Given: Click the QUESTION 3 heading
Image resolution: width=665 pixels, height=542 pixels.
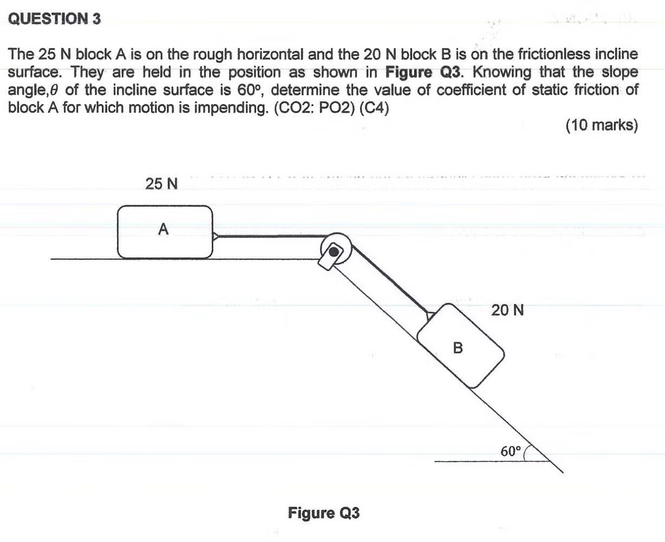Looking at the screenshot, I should pyautogui.click(x=55, y=20).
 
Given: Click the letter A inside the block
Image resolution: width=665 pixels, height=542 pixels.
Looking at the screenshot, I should pyautogui.click(x=164, y=230).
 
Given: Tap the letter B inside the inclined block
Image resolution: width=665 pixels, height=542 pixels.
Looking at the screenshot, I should pyautogui.click(x=458, y=347).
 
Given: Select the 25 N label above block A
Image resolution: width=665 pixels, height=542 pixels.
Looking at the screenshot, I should pyautogui.click(x=161, y=184).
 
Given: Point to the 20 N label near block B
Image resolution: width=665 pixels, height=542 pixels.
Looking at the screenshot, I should pyautogui.click(x=507, y=311).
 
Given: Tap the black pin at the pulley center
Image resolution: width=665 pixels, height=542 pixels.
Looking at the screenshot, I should pyautogui.click(x=335, y=251).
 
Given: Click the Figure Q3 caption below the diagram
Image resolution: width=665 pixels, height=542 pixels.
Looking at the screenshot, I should pyautogui.click(x=324, y=513).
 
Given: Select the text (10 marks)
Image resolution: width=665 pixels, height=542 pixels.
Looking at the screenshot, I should pyautogui.click(x=602, y=125).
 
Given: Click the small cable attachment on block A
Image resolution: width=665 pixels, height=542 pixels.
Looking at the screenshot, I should pyautogui.click(x=216, y=236).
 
